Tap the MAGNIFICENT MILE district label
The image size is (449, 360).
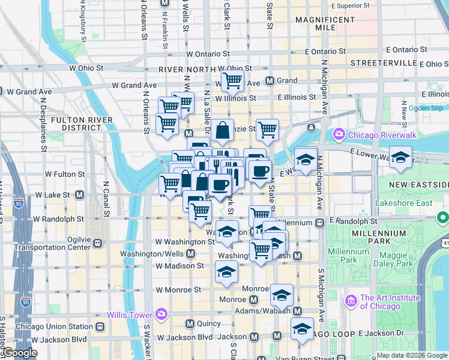[x=324, y=24]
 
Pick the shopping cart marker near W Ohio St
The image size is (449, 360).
[x=232, y=80]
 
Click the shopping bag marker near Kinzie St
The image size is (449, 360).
[x=222, y=130]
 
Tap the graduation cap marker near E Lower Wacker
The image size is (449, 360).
[x=400, y=158]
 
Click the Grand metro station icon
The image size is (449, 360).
[x=270, y=80]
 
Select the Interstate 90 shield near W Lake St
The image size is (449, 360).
[x=19, y=203]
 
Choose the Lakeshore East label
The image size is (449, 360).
[x=403, y=203]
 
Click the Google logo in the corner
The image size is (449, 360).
[x=19, y=353]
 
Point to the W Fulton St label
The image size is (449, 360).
[x=65, y=174]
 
